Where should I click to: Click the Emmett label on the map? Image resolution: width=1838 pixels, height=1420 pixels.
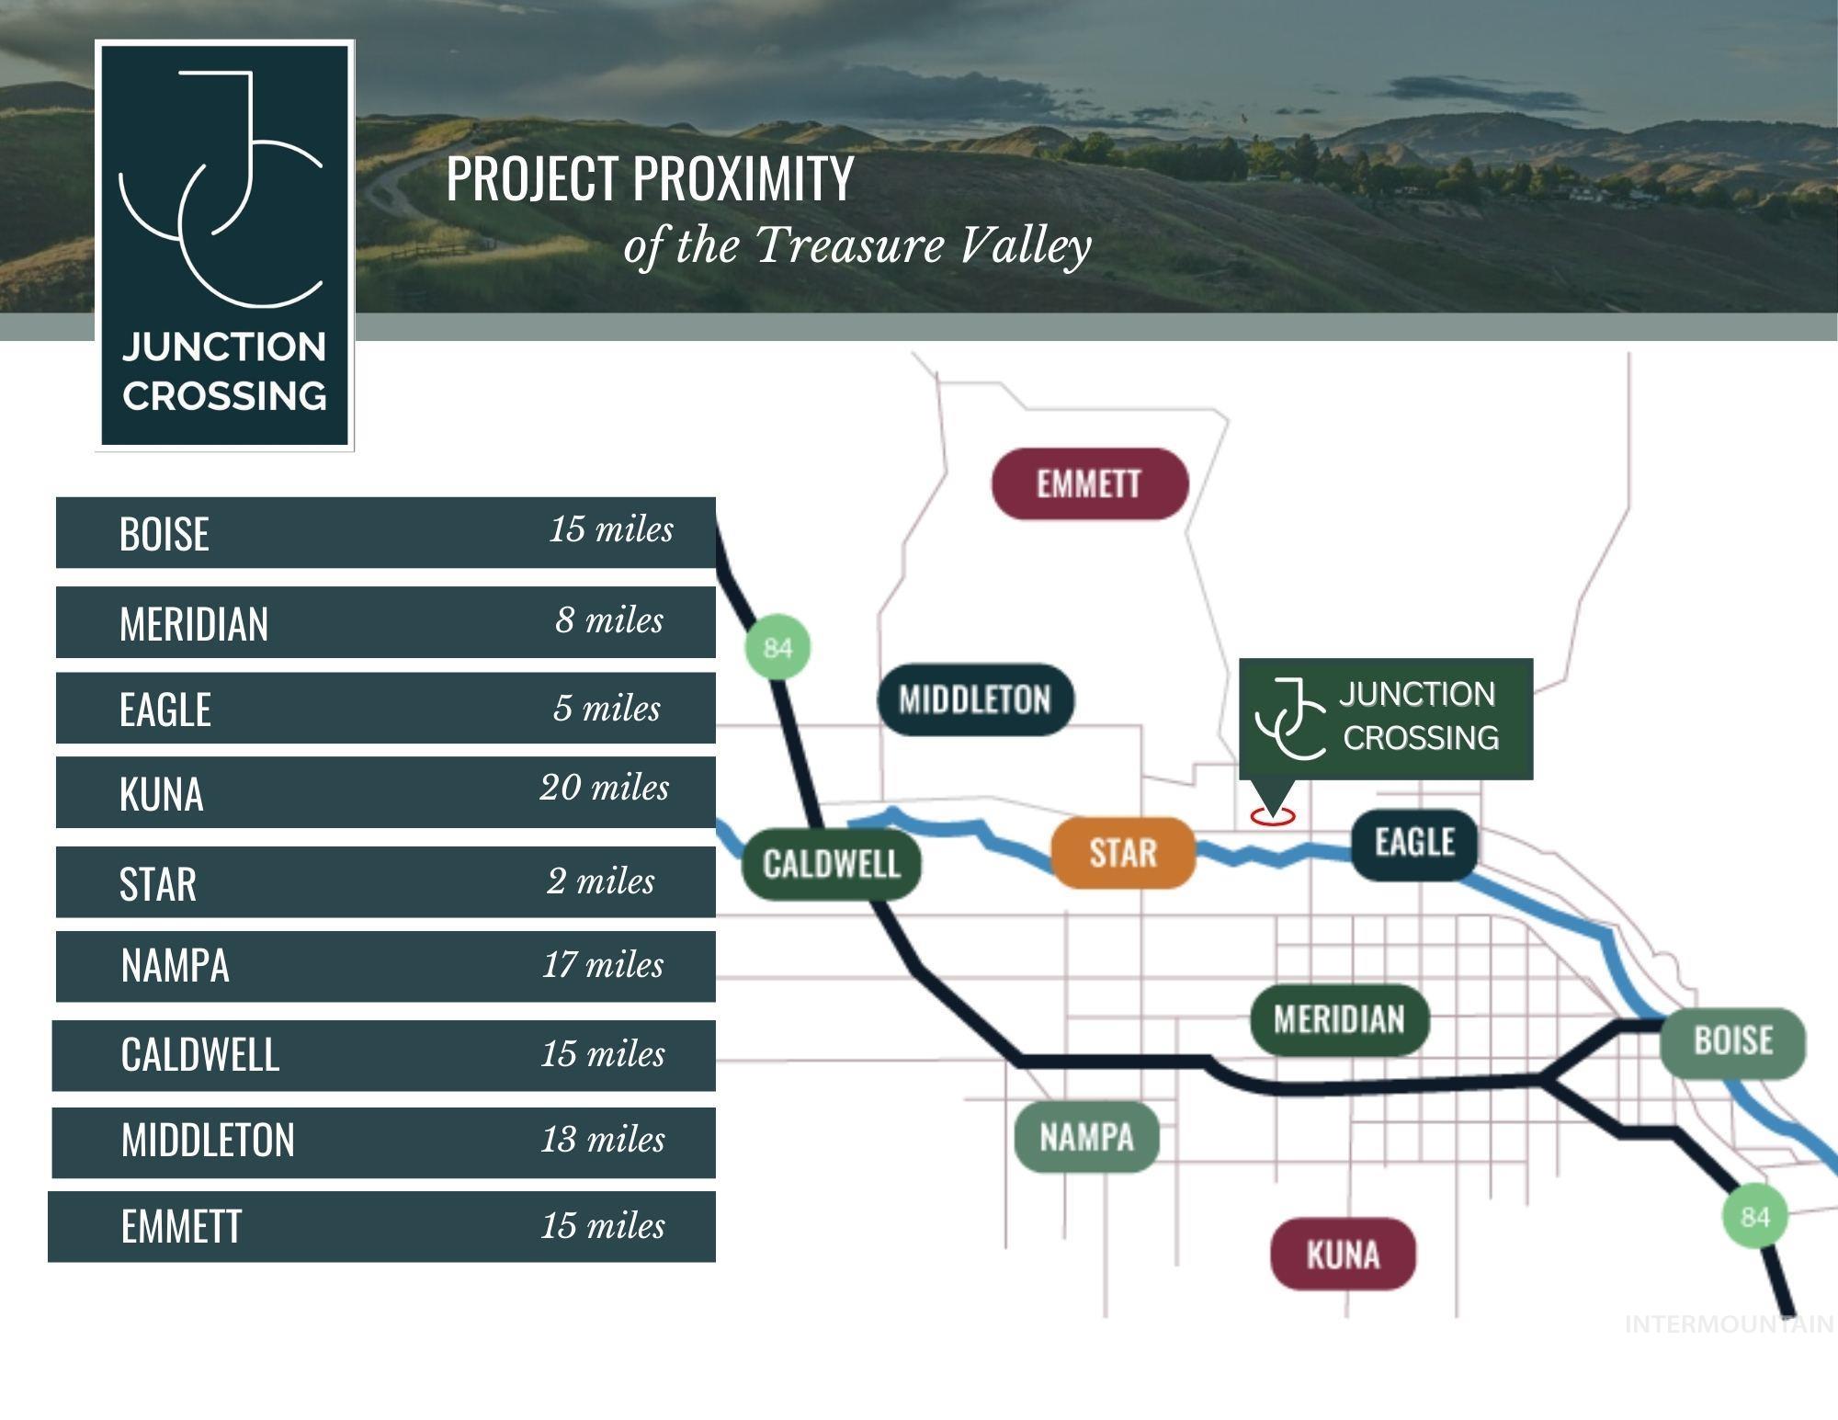click(x=1090, y=483)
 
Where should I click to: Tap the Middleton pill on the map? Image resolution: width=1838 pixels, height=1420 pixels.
click(x=975, y=699)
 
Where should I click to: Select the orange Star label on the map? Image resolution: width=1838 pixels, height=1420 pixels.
click(x=1123, y=853)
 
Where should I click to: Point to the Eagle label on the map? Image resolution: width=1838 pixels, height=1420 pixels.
click(x=1414, y=843)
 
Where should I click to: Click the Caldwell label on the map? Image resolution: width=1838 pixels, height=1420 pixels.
click(x=831, y=864)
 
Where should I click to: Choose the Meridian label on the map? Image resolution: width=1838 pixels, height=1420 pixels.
click(x=1340, y=1019)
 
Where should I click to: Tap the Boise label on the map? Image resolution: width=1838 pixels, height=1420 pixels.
click(x=1733, y=1041)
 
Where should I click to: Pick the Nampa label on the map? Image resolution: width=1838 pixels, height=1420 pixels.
click(x=1086, y=1138)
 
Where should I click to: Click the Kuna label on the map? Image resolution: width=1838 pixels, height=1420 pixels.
click(x=1343, y=1255)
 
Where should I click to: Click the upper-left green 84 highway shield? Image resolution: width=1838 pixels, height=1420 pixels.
click(x=777, y=648)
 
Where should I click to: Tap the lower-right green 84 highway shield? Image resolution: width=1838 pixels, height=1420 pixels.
click(x=1754, y=1217)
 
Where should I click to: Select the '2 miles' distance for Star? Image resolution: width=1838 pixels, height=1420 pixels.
click(x=601, y=881)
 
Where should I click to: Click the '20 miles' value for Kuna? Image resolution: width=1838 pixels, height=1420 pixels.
click(x=605, y=788)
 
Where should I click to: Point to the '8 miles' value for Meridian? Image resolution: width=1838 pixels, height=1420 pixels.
click(x=608, y=620)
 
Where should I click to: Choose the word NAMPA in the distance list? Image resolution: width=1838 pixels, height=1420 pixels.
click(x=175, y=966)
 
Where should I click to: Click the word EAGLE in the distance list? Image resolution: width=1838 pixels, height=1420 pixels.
click(x=165, y=710)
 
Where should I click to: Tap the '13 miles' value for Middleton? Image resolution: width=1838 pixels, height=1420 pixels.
click(x=603, y=1140)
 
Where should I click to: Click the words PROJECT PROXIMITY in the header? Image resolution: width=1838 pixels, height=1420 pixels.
click(x=650, y=178)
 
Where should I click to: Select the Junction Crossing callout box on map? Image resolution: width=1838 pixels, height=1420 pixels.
click(x=1386, y=719)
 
